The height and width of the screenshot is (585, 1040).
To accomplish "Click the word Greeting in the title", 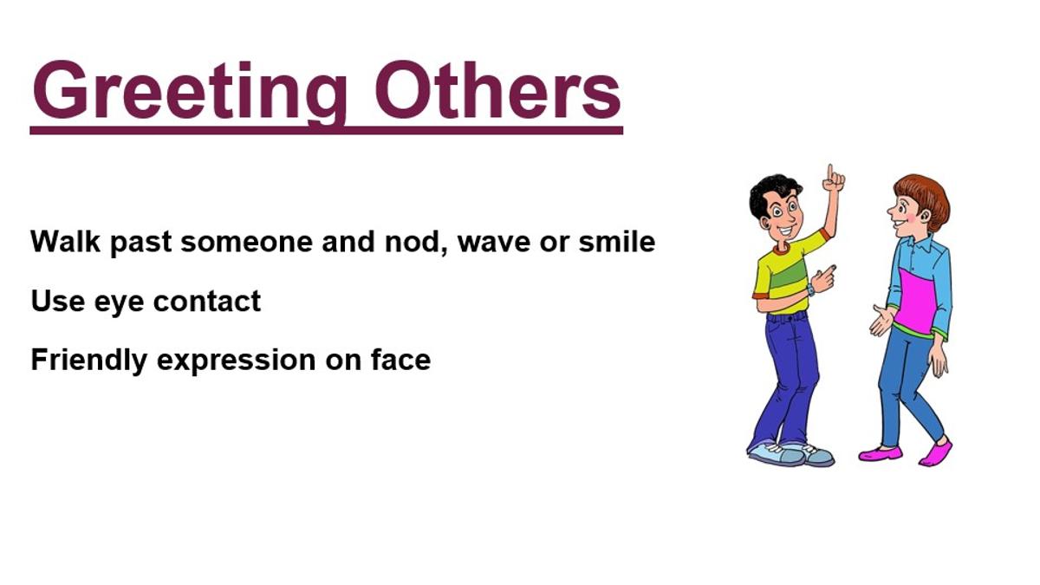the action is coord(190,92).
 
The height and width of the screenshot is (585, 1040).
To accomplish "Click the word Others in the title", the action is coord(497,89).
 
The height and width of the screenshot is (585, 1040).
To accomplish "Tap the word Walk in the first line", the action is coord(65,241).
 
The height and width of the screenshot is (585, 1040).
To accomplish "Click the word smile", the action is coord(616,241).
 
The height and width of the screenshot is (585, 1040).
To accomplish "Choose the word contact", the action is coord(206,301).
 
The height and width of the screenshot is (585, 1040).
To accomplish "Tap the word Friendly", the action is coord(88,361).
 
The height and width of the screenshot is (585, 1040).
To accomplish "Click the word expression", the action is coord(237,361).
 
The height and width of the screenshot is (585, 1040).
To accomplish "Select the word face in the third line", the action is coord(401,360).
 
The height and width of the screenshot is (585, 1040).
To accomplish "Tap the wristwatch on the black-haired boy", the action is coord(811,290).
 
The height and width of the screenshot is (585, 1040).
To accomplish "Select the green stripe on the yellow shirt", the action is coord(790,275).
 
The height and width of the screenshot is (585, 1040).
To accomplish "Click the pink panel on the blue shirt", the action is coord(915,301).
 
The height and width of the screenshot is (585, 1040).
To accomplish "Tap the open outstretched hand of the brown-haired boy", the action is coord(882,320).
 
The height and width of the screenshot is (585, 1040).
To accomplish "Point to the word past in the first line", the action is coord(140,244).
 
